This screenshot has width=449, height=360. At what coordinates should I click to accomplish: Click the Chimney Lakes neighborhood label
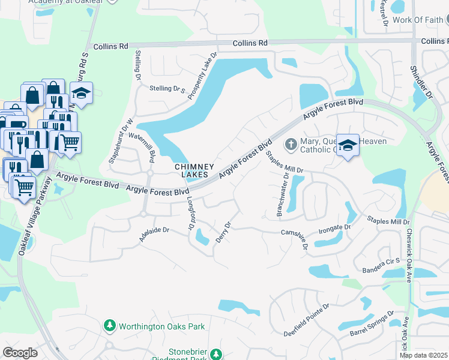coord(191,170)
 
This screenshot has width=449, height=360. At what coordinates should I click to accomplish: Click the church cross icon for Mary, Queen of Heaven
coord(290,145)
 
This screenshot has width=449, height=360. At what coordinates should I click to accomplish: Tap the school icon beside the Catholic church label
coord(348,146)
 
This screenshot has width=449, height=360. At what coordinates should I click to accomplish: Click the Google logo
coord(20,353)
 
